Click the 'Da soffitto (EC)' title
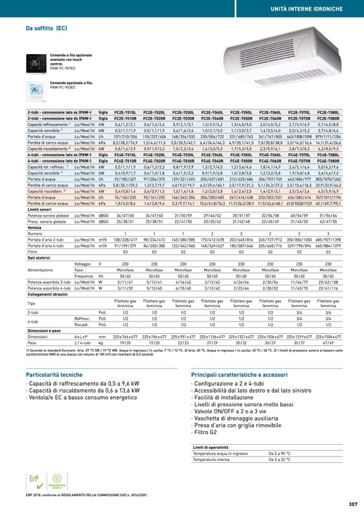click(x=47, y=28)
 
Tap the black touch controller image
click(x=37, y=63)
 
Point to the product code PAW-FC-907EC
click(x=63, y=69)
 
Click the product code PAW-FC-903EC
click(x=63, y=87)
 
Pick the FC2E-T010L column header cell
click(x=125, y=112)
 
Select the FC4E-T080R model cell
click(x=328, y=161)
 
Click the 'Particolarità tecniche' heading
click(x=54, y=374)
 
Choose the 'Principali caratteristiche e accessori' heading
click(x=239, y=374)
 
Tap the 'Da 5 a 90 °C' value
click(x=280, y=454)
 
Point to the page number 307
click(x=353, y=504)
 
